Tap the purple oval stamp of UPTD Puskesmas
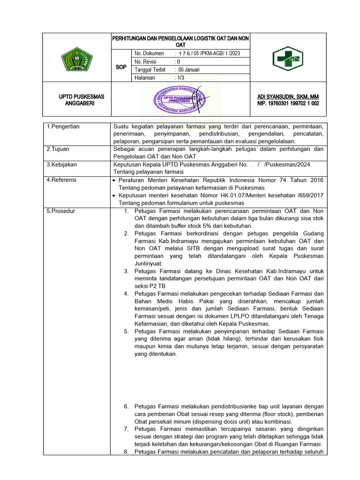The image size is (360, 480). tap(181, 99)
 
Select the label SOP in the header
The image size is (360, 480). tap(121, 67)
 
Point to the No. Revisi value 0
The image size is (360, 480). tap(177, 61)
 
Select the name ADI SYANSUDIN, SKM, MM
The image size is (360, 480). tap(285, 97)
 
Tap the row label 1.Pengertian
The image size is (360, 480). tap(63, 127)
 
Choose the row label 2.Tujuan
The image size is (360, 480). tap(58, 149)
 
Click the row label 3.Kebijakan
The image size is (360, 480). tap(61, 165)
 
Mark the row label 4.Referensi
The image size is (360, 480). tap(62, 180)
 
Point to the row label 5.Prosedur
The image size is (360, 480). tap(61, 211)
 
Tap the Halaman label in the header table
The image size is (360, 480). tap(144, 78)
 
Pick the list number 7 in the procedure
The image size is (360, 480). tap(126, 429)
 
